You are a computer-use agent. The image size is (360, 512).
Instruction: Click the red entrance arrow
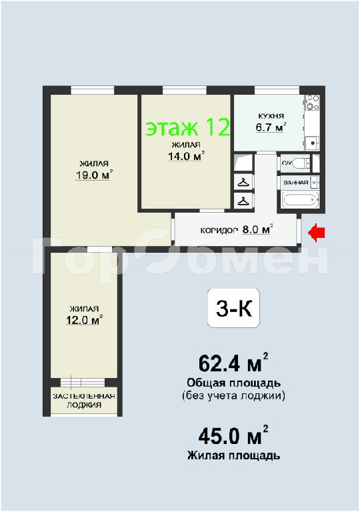coord(317,233)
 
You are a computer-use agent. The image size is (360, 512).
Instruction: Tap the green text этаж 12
coord(188,127)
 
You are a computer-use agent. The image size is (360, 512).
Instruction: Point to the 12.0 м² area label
coord(85,320)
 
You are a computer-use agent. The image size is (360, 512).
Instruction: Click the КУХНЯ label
coord(271,116)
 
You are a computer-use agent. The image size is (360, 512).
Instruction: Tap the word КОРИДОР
coord(219,231)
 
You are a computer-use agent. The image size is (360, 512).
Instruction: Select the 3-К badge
coord(234,308)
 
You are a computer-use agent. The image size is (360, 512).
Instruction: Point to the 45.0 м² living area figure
coord(233,435)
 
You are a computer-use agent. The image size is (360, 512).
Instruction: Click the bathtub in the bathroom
coord(301,199)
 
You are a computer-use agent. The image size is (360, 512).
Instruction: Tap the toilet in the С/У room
coord(302,162)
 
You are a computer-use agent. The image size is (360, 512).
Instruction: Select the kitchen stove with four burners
coord(312,102)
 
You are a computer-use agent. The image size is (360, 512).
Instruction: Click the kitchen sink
coord(312,143)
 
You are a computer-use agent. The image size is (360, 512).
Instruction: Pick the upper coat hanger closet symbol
coord(243,182)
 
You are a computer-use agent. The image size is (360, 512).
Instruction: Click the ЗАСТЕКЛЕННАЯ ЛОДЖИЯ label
coord(84,401)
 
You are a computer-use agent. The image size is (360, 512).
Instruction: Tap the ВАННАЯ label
coord(296,183)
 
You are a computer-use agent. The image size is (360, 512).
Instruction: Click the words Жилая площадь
coord(233,455)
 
